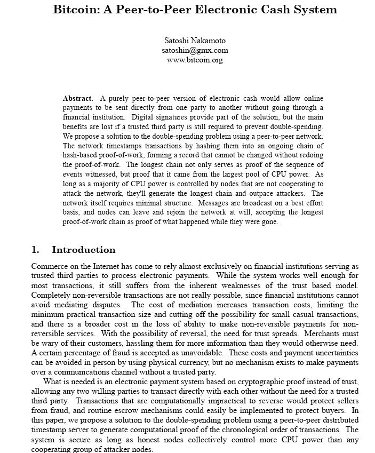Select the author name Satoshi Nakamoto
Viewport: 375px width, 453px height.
(x=195, y=41)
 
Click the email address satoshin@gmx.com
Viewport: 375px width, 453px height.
(x=195, y=50)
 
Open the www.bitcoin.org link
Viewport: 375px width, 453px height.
(x=195, y=60)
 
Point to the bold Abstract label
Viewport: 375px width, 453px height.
(x=78, y=98)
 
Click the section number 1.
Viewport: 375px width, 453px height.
(x=35, y=250)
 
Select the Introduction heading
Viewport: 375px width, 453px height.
(x=83, y=250)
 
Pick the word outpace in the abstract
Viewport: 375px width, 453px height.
(x=262, y=193)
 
